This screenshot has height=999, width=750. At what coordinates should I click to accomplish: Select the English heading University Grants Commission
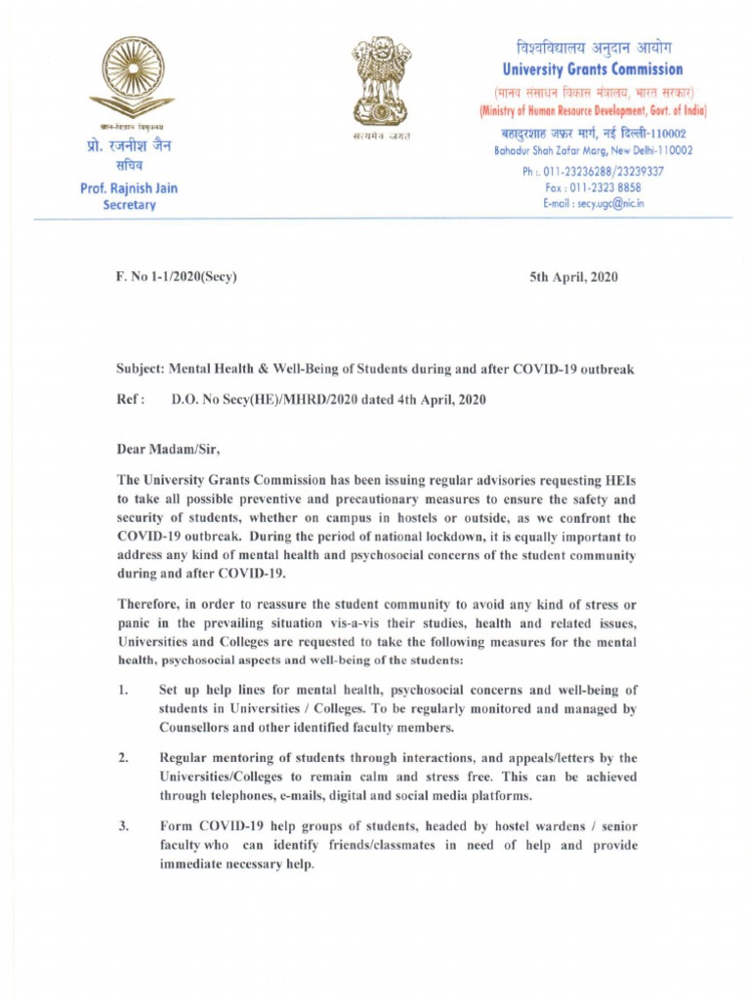(593, 70)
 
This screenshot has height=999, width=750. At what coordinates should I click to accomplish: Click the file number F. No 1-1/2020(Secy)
(177, 277)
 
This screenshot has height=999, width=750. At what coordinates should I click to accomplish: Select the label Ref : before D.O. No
(131, 399)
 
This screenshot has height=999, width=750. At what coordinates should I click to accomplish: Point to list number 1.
(122, 692)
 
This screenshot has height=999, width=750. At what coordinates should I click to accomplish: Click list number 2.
(123, 758)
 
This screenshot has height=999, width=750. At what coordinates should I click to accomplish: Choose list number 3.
(123, 827)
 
